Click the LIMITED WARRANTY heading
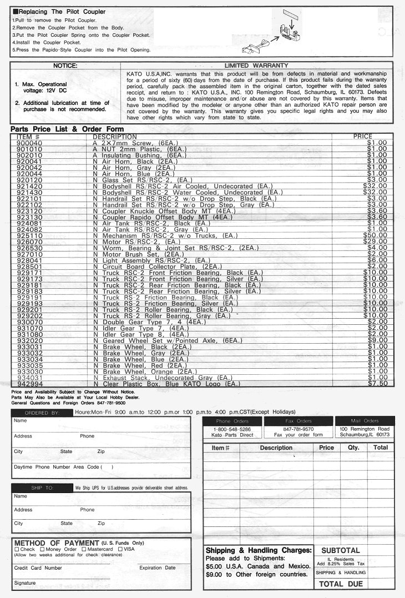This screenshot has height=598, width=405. click(256, 66)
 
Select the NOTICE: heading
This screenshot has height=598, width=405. click(65, 66)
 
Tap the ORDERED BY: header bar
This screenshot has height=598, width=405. click(42, 413)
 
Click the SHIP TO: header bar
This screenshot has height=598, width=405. click(42, 488)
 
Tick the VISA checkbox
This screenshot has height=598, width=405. click(120, 549)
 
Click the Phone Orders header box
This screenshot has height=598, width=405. click(232, 421)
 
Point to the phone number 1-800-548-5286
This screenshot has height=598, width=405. click(232, 429)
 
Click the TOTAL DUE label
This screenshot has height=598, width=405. click(341, 584)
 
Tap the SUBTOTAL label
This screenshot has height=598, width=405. click(341, 550)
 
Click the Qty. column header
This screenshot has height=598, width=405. click(353, 448)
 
